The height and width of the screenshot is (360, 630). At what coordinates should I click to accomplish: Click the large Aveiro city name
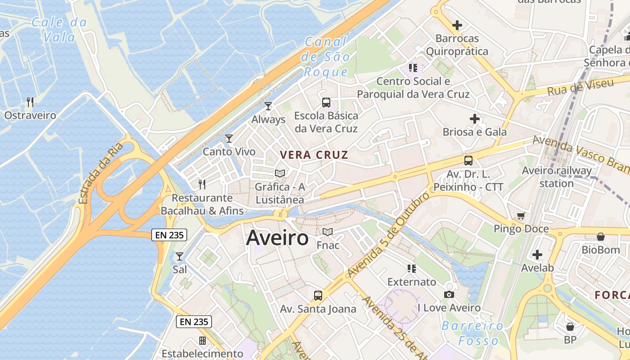click(277, 238)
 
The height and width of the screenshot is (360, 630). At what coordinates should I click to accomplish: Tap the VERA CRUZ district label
click(314, 155)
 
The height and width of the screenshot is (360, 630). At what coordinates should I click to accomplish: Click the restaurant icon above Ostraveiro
click(30, 102)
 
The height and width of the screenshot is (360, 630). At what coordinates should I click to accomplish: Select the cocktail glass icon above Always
click(268, 106)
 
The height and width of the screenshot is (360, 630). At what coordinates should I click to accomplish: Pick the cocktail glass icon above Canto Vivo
click(229, 139)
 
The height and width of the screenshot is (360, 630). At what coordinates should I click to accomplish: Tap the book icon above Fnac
click(328, 232)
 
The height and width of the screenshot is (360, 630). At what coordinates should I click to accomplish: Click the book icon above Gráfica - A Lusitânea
click(280, 173)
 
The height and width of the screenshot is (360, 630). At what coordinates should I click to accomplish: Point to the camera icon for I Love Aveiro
click(449, 295)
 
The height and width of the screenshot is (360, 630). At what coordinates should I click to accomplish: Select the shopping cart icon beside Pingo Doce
click(521, 216)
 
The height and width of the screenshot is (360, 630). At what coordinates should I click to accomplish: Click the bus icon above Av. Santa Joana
click(318, 296)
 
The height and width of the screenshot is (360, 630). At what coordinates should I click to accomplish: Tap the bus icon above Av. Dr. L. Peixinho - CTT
click(468, 161)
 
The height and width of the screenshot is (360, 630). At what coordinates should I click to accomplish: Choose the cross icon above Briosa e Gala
click(475, 119)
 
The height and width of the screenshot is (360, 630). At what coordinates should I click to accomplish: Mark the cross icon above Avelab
click(537, 255)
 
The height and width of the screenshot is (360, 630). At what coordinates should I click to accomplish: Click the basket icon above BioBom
click(600, 237)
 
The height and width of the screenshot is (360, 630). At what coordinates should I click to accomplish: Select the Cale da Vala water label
click(59, 30)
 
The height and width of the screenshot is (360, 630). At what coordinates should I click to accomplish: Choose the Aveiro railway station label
click(557, 177)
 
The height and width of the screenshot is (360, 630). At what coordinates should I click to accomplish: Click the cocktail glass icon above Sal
click(180, 256)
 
